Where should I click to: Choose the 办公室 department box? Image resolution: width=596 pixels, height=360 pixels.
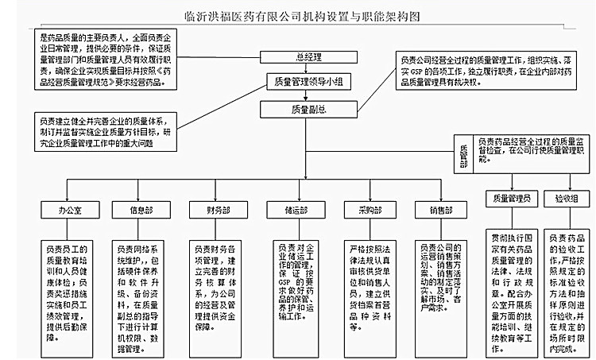(x=71, y=211)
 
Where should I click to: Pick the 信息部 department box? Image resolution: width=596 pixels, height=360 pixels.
(x=142, y=211)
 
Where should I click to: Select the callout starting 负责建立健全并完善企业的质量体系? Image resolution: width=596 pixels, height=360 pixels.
(x=104, y=132)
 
